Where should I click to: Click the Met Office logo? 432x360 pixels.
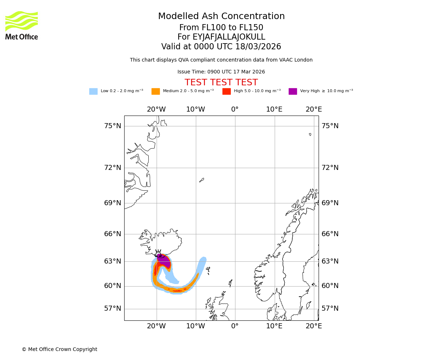point(22,25)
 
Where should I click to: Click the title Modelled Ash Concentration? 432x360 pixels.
point(221,17)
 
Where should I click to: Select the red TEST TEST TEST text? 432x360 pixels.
point(221,82)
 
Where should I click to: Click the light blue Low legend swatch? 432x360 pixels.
point(93,91)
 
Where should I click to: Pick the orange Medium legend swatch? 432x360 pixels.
point(156,91)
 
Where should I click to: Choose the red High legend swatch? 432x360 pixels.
point(226,91)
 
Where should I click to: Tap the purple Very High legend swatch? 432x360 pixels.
point(293,91)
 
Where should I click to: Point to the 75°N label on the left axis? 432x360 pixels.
point(113,126)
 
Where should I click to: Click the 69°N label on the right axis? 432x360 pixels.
point(330,203)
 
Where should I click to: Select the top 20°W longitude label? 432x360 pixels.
point(156,109)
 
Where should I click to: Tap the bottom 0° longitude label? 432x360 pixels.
point(235,326)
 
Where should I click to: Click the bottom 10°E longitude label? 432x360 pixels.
point(274,326)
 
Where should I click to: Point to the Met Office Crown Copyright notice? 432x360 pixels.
point(59,349)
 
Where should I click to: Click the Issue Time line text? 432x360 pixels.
point(221,72)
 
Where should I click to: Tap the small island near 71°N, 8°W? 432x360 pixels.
point(202,180)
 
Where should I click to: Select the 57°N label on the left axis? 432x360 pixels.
point(113,309)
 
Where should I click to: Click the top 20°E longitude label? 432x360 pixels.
point(314,109)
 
